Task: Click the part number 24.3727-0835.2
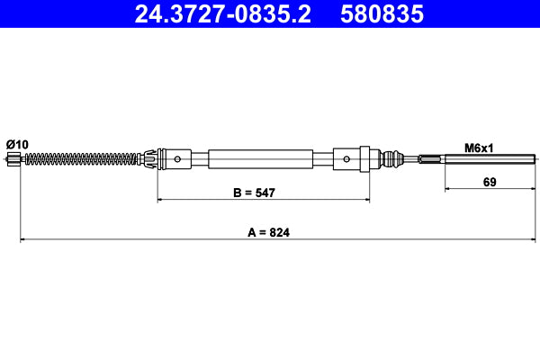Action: click(222, 14)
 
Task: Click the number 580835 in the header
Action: click(382, 14)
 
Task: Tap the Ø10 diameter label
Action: click(17, 144)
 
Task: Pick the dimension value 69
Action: click(490, 181)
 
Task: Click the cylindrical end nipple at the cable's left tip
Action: click(13, 159)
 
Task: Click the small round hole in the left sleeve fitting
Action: click(178, 160)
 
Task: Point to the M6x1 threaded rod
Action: click(486, 160)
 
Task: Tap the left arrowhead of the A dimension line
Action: click(23, 240)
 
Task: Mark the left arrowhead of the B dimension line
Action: click(162, 200)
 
